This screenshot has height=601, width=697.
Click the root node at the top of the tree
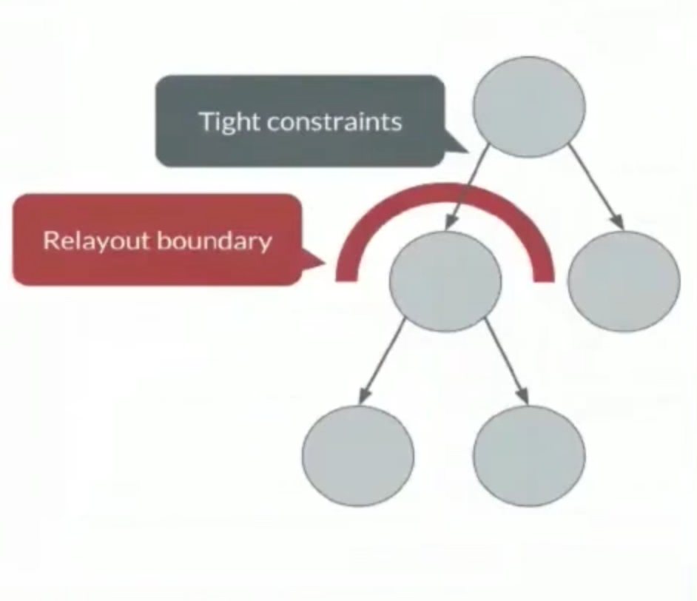528,107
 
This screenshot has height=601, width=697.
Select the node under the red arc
445,281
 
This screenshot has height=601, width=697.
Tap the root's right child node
624,281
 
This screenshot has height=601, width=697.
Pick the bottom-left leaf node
358,456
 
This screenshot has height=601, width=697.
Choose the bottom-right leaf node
529,456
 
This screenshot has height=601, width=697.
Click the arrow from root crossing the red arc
467,187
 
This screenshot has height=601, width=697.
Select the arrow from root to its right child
596,187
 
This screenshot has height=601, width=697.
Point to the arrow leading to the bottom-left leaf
381,361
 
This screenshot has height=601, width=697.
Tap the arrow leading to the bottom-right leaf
507,361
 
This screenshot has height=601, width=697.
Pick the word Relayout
98,241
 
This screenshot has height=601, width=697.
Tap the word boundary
215,241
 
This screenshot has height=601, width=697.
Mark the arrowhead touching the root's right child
619,222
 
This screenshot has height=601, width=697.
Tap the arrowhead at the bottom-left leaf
363,397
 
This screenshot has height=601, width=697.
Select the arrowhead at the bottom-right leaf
524,397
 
